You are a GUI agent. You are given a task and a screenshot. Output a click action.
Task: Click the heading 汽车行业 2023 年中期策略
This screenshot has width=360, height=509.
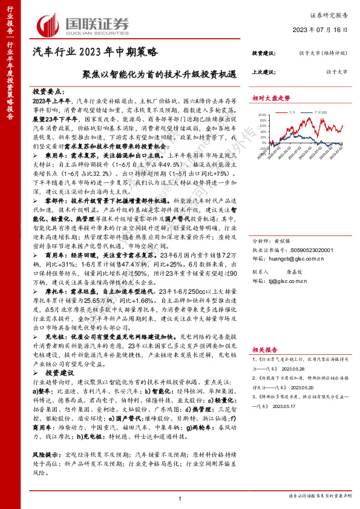(94, 52)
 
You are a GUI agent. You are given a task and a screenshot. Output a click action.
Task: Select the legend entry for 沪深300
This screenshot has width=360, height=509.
(323, 112)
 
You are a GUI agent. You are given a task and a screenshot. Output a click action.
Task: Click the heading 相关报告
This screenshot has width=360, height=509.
(264, 349)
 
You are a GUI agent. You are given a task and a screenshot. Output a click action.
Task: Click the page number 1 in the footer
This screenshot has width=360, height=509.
(180, 498)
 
